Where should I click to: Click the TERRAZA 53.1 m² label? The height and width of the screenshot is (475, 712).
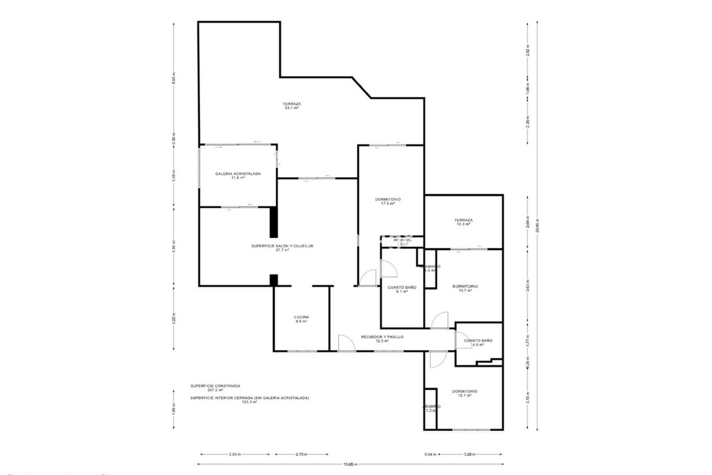coord(291,106)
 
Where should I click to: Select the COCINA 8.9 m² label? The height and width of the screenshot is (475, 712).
coord(301,319)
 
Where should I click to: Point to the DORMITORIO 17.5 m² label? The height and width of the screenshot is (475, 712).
coord(388,202)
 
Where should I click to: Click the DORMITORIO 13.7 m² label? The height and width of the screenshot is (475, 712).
coord(465,288)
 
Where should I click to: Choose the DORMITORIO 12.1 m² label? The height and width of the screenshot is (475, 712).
coord(464,393)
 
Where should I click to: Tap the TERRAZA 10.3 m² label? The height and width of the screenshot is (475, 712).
coord(464,222)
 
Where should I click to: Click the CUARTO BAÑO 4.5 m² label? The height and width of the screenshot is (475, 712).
coord(478,342)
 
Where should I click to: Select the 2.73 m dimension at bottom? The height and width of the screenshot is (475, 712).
coord(301,454)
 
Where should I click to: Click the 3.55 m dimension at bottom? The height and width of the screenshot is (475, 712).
coord(235,454)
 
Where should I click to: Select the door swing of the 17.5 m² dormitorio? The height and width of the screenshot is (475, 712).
coord(368,278)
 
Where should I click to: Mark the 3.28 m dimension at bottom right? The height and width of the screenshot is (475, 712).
coord(469,454)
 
